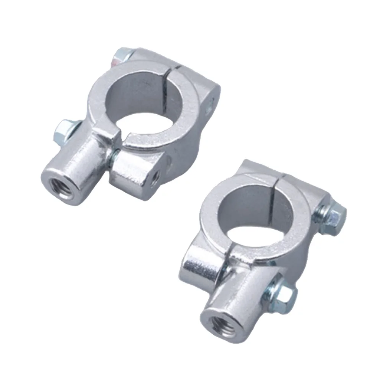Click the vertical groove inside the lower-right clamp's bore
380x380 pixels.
pos(273,208)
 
